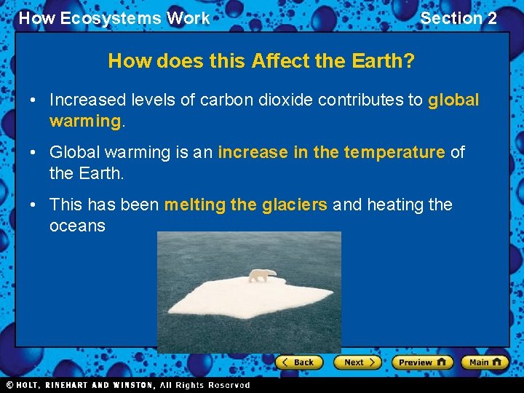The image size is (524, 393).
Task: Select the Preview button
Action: pyautogui.click(x=422, y=362)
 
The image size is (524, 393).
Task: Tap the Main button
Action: pyautogui.click(x=485, y=362)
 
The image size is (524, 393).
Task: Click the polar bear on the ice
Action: pyautogui.click(x=262, y=275)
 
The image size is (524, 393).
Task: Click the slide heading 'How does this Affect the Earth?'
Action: pyautogui.click(x=261, y=61)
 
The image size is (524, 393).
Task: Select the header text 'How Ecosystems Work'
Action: pyautogui.click(x=114, y=18)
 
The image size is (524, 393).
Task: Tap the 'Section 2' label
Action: pyautogui.click(x=458, y=18)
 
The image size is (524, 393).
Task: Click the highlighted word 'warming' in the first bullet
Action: pyautogui.click(x=84, y=120)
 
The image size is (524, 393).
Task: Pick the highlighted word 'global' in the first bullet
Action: pyautogui.click(x=453, y=100)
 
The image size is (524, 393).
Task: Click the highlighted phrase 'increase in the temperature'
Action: pyautogui.click(x=331, y=152)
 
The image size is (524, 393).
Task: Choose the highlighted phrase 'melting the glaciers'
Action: pyautogui.click(x=245, y=205)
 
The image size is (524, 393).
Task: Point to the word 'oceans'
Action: pyautogui.click(x=77, y=226)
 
